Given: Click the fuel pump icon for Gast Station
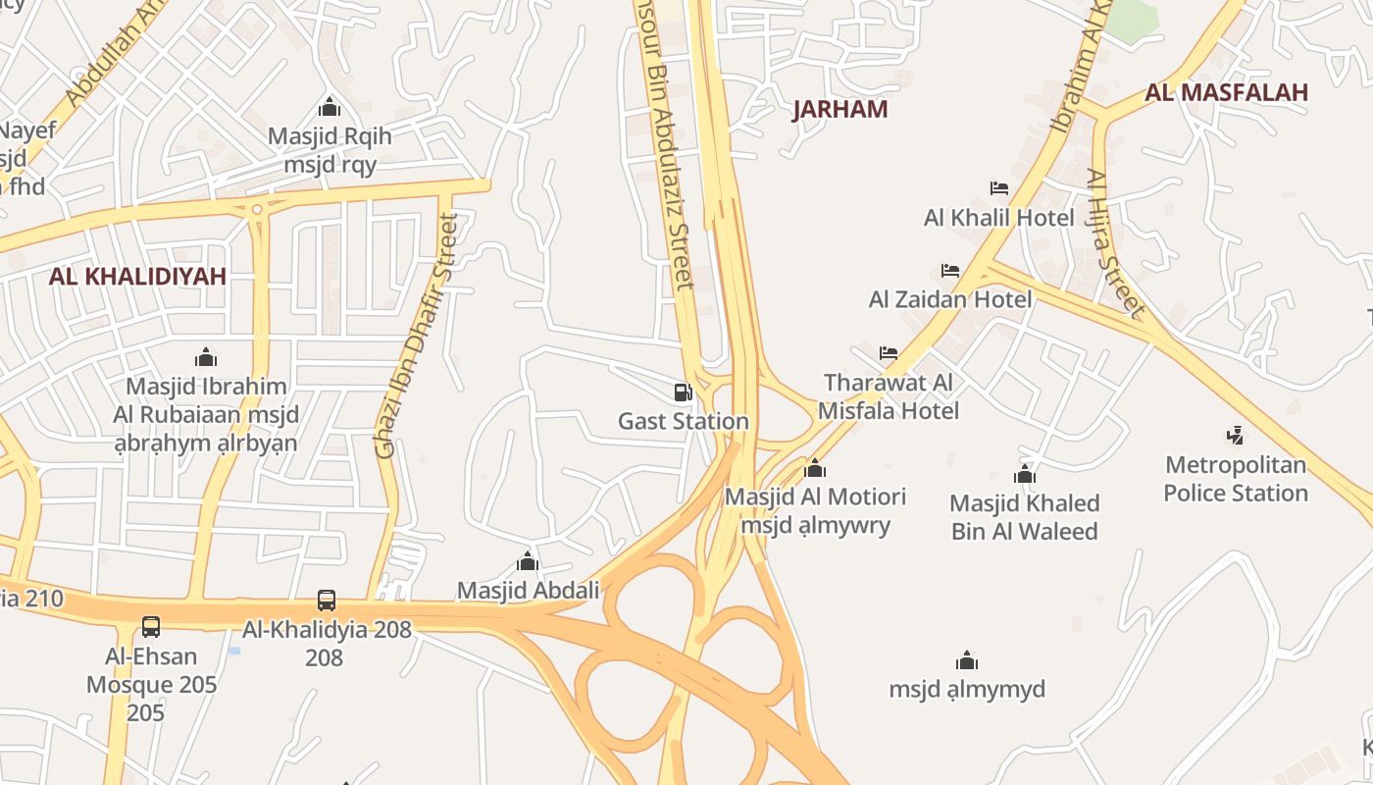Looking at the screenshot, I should click(683, 392).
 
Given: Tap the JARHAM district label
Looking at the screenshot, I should click(839, 109).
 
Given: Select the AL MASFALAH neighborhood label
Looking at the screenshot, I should click(1226, 92).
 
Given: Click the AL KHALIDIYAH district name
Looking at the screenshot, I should click(137, 276).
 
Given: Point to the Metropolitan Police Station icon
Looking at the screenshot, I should click(1236, 434).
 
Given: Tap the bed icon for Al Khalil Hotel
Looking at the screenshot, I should click(999, 187).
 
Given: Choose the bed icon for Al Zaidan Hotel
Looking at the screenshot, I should click(949, 270).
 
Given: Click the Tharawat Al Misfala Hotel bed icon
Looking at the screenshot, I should click(889, 352).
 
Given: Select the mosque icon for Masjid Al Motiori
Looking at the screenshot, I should click(815, 468).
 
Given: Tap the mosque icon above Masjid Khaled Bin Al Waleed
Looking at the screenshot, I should click(1025, 475).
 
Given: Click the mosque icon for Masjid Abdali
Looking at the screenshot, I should click(528, 561).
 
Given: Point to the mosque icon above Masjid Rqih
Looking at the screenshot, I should click(330, 107).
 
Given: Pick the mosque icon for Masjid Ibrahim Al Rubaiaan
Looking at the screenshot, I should click(206, 356).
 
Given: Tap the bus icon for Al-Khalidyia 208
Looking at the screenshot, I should click(327, 600).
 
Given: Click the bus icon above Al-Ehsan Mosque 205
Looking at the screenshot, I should click(151, 626).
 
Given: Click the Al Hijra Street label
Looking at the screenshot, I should click(1116, 243).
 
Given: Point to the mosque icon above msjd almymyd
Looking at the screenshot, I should click(967, 659).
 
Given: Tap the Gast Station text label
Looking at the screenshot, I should click(683, 422).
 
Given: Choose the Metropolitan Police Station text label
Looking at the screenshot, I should click(1236, 479).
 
